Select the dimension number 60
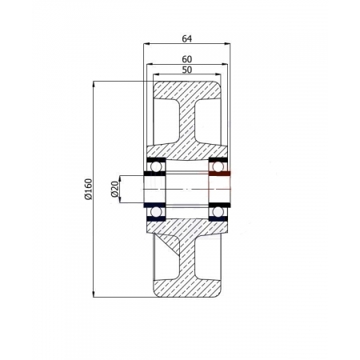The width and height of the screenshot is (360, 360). tap(187, 58)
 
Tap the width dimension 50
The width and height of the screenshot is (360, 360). tap(187, 70)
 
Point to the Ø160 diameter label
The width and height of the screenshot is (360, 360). tap(87, 188)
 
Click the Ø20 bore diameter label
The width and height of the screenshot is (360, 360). tap(114, 189)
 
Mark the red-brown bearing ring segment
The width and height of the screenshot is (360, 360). tap(219, 174)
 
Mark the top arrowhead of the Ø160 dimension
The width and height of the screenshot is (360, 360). tap(94, 82)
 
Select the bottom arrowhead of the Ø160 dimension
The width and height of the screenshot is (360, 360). tap(94, 294)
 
